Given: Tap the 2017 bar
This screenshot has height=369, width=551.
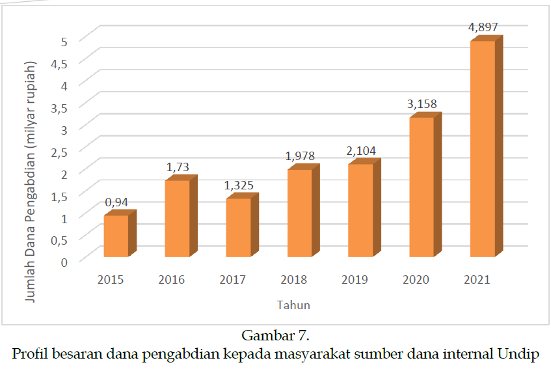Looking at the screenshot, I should [x=238, y=227].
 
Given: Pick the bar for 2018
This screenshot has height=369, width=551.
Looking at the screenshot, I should [x=299, y=213].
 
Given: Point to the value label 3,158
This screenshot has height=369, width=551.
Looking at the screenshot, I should [x=422, y=103].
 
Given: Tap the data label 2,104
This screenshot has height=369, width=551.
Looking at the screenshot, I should [x=361, y=151].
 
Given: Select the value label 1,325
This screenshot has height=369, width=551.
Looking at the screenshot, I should [x=239, y=185].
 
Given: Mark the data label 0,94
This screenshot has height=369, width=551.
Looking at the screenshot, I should [x=116, y=202].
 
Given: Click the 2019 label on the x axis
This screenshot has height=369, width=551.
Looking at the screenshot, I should [x=355, y=280].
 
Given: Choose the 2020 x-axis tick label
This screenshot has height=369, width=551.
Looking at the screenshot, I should [x=416, y=280].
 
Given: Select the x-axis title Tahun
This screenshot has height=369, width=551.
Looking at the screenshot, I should [x=293, y=305].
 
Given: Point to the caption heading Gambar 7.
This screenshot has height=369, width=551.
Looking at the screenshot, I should [x=275, y=336].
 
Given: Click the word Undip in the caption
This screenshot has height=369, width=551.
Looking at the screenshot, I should [x=518, y=354].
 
